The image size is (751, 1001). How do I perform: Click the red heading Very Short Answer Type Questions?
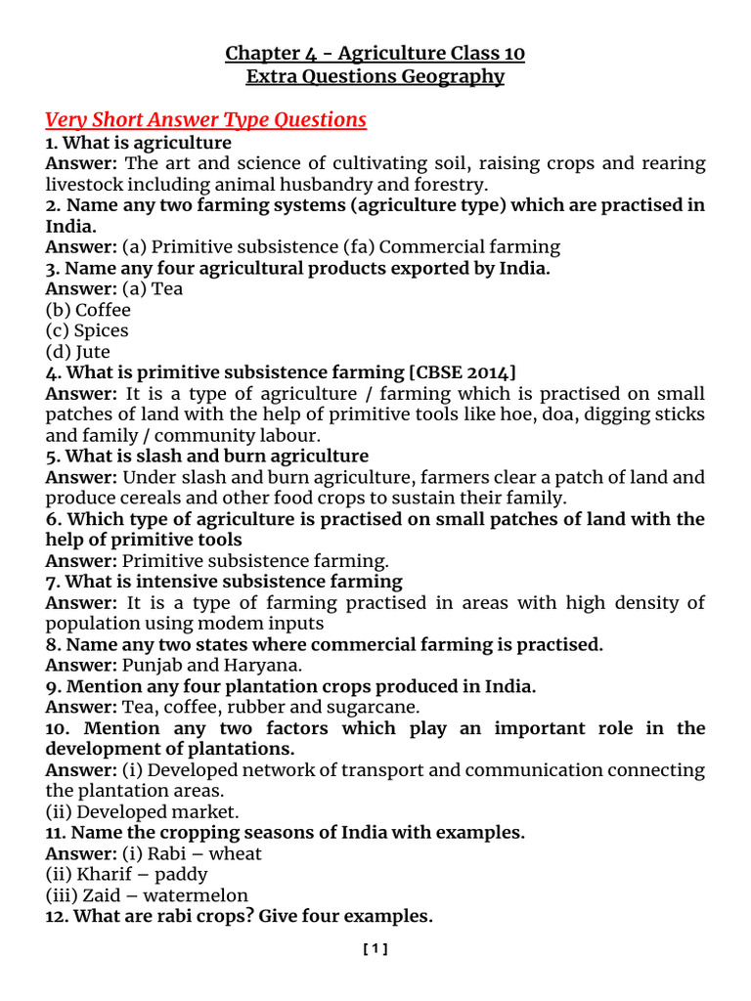(205, 120)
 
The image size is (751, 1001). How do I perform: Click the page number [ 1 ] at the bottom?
(375, 948)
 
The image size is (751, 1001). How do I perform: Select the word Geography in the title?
(459, 76)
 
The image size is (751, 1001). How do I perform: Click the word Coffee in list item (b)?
(103, 309)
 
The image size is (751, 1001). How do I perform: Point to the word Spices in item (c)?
(102, 330)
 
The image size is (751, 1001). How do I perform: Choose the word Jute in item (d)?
(93, 352)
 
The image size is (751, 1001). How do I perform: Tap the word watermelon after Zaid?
(199, 895)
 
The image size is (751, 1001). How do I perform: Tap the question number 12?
(57, 917)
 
